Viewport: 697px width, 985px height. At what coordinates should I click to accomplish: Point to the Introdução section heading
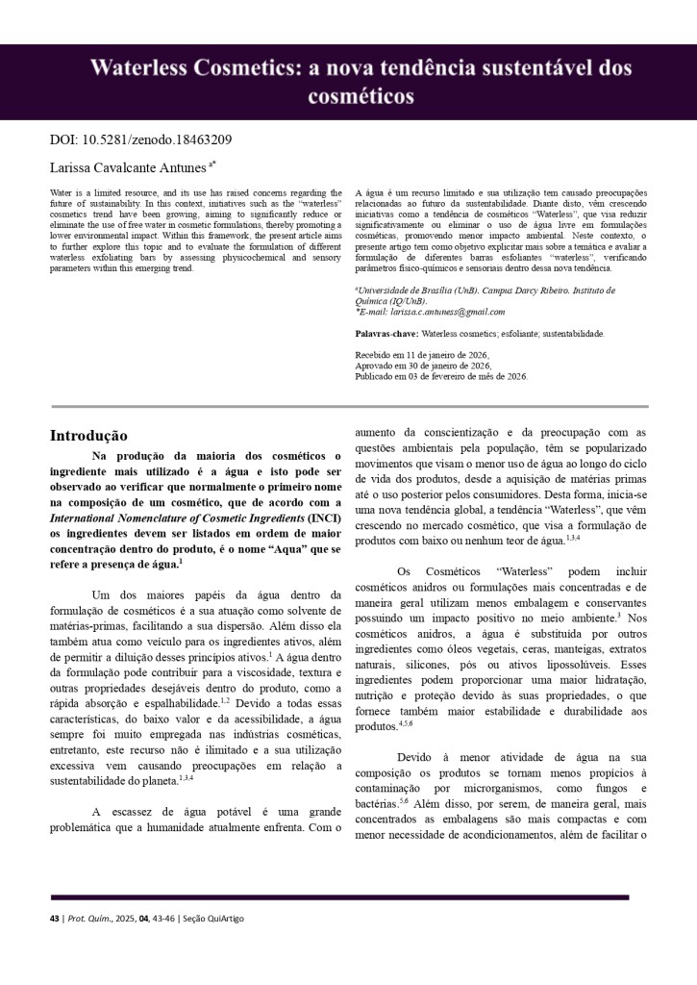click(x=88, y=436)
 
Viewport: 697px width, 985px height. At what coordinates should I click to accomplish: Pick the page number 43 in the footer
click(x=54, y=919)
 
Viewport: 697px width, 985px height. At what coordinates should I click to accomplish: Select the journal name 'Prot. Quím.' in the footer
click(x=88, y=919)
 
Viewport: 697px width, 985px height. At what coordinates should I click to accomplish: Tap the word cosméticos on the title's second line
click(x=361, y=96)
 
